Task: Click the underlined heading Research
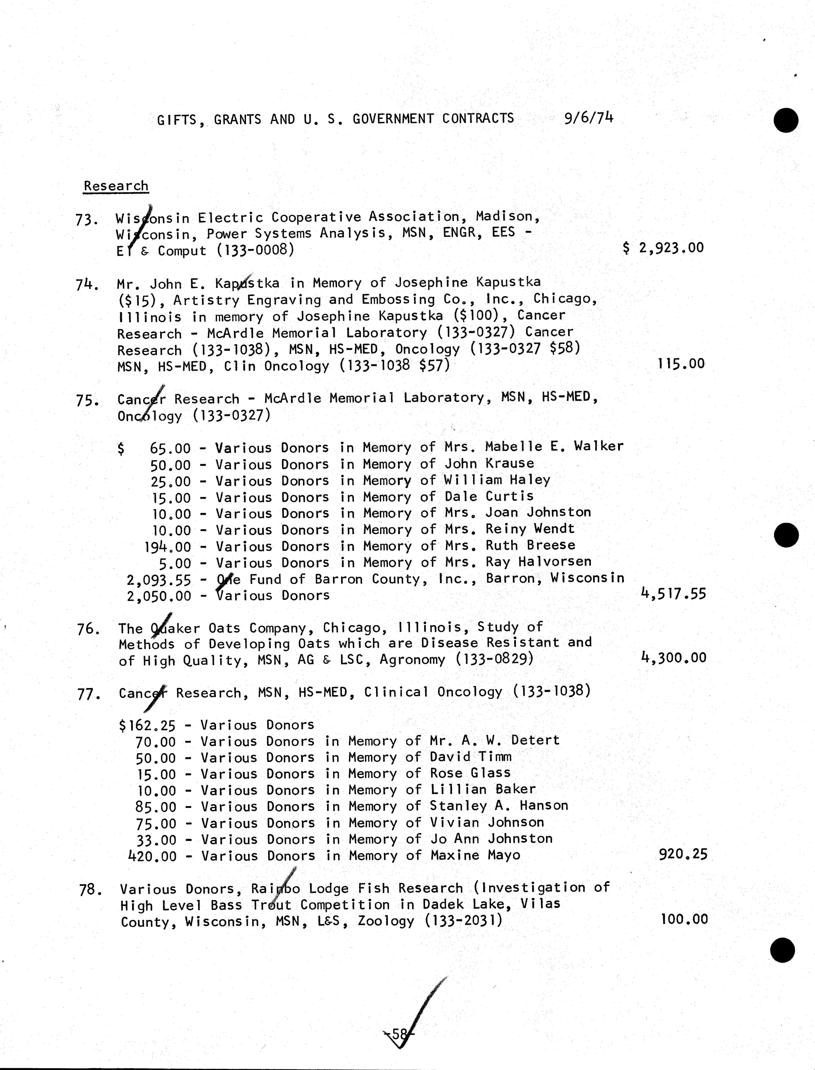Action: [x=116, y=186]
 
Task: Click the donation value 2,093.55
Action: [x=159, y=580]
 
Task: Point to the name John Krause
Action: [x=489, y=463]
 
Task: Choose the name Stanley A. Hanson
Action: [x=499, y=806]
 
